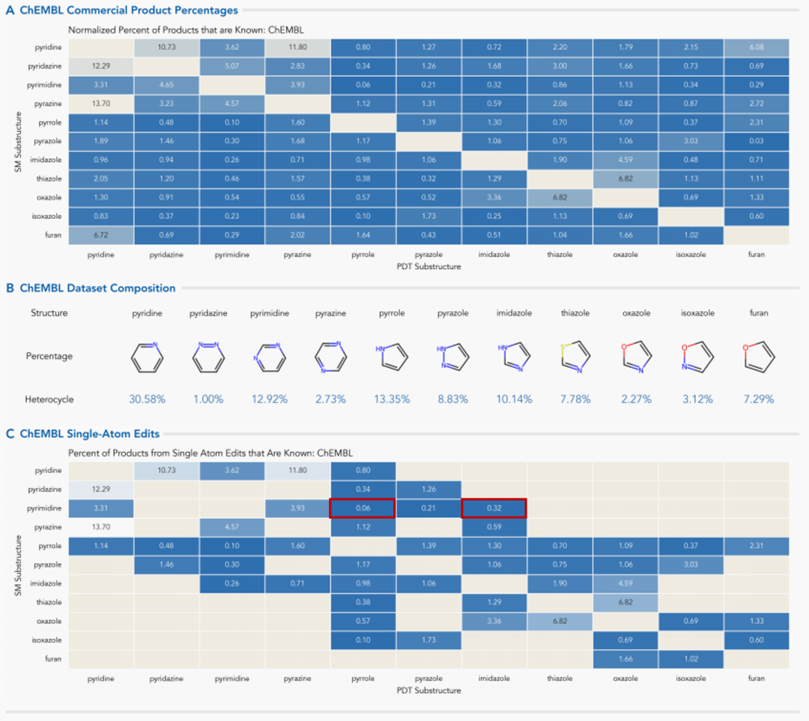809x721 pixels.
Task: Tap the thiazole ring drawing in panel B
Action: (574, 357)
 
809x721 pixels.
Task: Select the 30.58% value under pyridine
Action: (145, 399)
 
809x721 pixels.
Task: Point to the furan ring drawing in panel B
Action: (758, 357)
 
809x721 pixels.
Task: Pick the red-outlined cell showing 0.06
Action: (362, 509)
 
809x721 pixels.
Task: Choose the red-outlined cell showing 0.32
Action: (494, 509)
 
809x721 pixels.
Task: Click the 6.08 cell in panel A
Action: (757, 47)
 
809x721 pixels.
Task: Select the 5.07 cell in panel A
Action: (232, 67)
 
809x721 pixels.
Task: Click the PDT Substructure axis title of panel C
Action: (428, 690)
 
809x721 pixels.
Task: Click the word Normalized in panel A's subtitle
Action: (89, 29)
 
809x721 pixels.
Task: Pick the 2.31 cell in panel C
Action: (757, 546)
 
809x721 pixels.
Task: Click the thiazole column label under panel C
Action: (560, 678)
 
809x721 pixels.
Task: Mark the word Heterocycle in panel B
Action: (50, 399)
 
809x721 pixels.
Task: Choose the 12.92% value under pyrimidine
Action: (268, 399)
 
